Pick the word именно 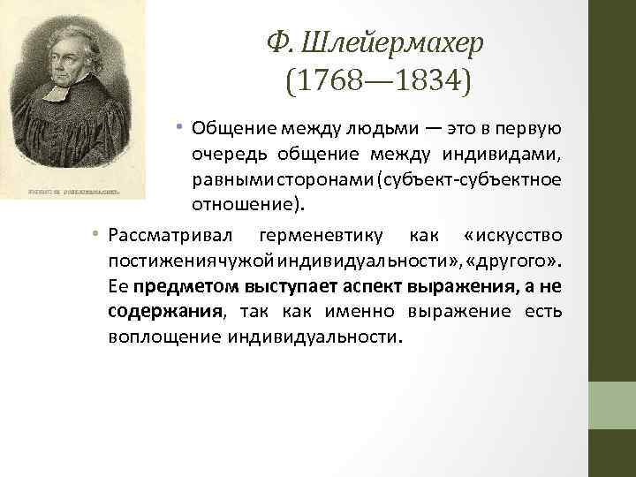tap(359, 313)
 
